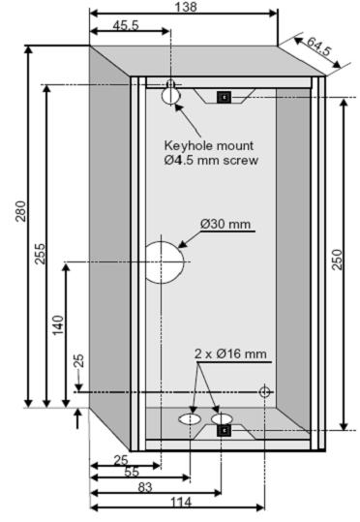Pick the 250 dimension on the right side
coord(338,259)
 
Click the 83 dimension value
coord(144,486)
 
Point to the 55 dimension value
coord(132,472)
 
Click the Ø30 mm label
coord(225,225)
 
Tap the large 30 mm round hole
coord(165,261)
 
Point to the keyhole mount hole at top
coord(171,92)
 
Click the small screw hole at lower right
coord(265,391)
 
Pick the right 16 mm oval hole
coord(223,420)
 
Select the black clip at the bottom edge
coord(224,430)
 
